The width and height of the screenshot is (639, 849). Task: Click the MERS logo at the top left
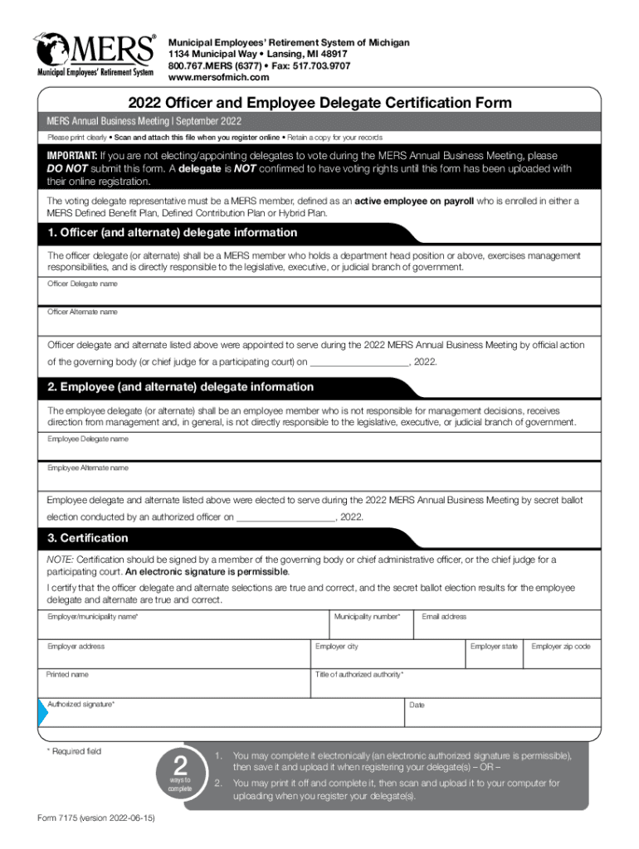pyautogui.click(x=94, y=56)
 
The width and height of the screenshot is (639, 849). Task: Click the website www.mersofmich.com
pyautogui.click(x=218, y=77)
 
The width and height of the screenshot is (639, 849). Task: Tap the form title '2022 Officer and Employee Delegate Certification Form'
pyautogui.click(x=319, y=103)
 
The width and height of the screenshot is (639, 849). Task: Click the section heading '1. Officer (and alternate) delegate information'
pyautogui.click(x=173, y=233)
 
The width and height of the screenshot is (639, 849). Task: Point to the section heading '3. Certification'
pyautogui.click(x=88, y=538)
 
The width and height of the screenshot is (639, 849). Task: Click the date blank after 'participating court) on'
pyautogui.click(x=359, y=361)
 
